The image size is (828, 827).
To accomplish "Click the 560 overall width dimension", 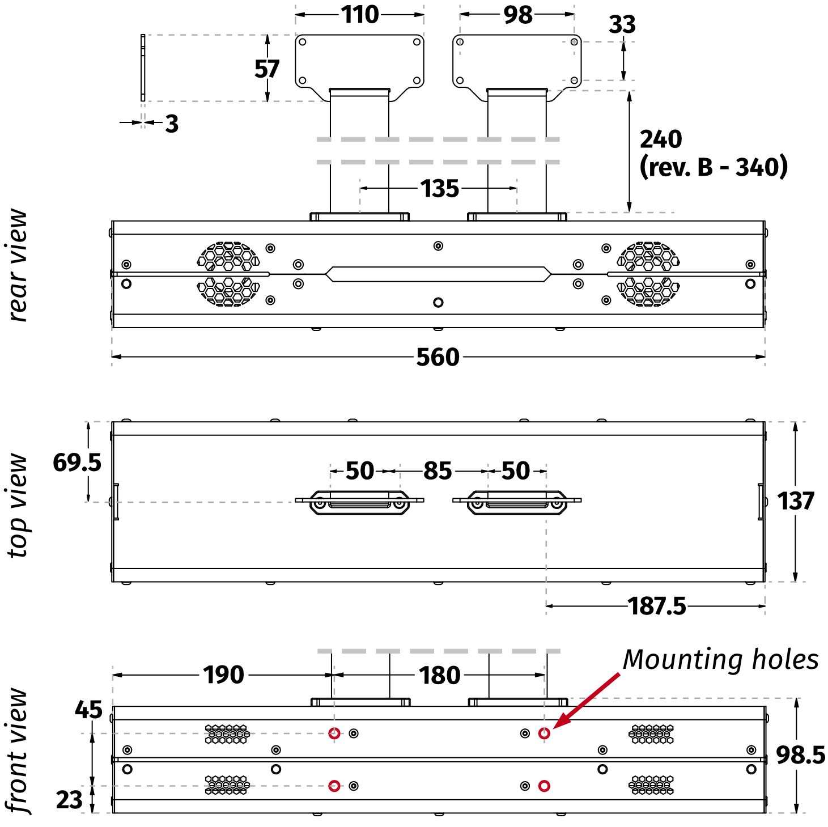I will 438,357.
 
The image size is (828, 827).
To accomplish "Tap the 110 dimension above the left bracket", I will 360,15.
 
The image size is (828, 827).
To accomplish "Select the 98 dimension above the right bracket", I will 518,15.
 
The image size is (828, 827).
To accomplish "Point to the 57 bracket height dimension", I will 266,69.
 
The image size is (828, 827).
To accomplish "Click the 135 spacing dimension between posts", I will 439,188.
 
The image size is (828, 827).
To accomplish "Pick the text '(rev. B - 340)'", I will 714,167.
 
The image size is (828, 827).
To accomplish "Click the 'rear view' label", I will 18,265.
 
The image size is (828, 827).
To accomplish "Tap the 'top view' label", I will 18,506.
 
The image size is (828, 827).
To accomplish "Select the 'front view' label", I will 17,750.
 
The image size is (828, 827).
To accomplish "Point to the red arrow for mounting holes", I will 587,701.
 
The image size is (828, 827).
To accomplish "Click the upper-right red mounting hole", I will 544,733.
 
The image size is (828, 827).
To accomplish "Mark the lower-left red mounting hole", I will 334,786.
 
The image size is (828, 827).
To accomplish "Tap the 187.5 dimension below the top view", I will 657,607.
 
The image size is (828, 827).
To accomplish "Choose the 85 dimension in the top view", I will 438,471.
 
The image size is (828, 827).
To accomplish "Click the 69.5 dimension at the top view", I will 77,463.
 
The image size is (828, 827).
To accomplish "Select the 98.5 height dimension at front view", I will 800,754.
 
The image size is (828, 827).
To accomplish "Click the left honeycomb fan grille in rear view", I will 228,274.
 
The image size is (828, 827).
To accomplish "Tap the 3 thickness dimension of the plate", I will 172,124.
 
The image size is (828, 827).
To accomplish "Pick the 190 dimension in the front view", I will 224,675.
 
